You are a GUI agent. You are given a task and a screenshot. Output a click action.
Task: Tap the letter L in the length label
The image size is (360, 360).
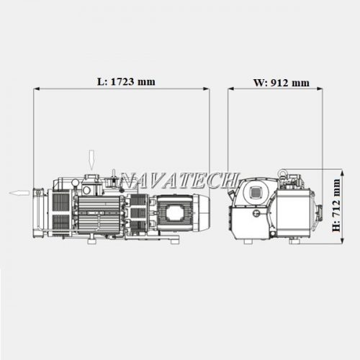(101, 82)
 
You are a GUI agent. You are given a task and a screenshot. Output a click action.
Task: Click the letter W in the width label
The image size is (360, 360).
(259, 83)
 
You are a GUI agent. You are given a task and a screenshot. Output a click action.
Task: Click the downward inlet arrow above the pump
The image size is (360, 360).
(91, 160)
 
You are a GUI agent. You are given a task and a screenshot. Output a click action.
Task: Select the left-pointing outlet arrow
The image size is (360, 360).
(19, 192)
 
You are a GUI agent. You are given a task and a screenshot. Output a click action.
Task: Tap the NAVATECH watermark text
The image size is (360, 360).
(179, 180)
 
